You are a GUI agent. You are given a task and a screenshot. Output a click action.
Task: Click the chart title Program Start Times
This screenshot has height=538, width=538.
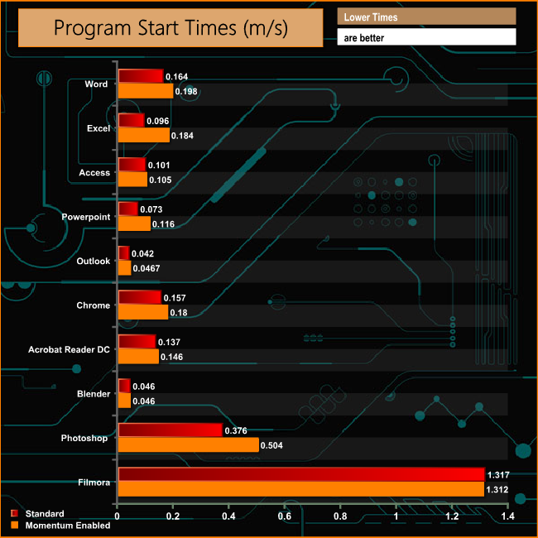pos(171,27)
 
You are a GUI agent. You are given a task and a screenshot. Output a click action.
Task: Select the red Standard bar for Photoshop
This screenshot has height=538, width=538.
pos(171,430)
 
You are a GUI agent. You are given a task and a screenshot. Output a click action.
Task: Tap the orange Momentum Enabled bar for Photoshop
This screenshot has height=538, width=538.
pos(188,444)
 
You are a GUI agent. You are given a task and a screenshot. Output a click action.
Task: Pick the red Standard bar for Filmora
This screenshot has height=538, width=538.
pos(301,474)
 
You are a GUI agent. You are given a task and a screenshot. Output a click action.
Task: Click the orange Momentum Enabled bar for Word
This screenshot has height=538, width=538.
pos(146,91)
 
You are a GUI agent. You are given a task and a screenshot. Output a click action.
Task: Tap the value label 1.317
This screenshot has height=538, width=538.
pos(499,474)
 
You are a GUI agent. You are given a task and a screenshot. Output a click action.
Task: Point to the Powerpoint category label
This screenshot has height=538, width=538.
pos(86,217)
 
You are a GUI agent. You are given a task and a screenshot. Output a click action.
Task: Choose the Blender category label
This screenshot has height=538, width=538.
pos(93,394)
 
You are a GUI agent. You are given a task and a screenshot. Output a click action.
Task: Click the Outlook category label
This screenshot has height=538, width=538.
pos(93,262)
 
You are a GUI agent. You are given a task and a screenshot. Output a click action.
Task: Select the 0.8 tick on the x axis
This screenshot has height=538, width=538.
pos(341,517)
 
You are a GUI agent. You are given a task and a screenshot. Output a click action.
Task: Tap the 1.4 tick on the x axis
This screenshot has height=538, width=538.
pos(507,517)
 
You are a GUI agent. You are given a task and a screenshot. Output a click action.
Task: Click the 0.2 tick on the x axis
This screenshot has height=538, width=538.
pos(173,517)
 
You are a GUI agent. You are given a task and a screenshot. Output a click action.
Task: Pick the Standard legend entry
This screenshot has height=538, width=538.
pos(44,514)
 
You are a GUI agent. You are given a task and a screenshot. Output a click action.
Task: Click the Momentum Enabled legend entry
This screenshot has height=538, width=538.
pos(67,525)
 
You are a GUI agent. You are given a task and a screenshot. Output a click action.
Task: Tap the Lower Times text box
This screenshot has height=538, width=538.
pos(426,17)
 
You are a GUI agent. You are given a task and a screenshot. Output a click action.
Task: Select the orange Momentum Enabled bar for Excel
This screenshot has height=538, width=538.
pos(144,135)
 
